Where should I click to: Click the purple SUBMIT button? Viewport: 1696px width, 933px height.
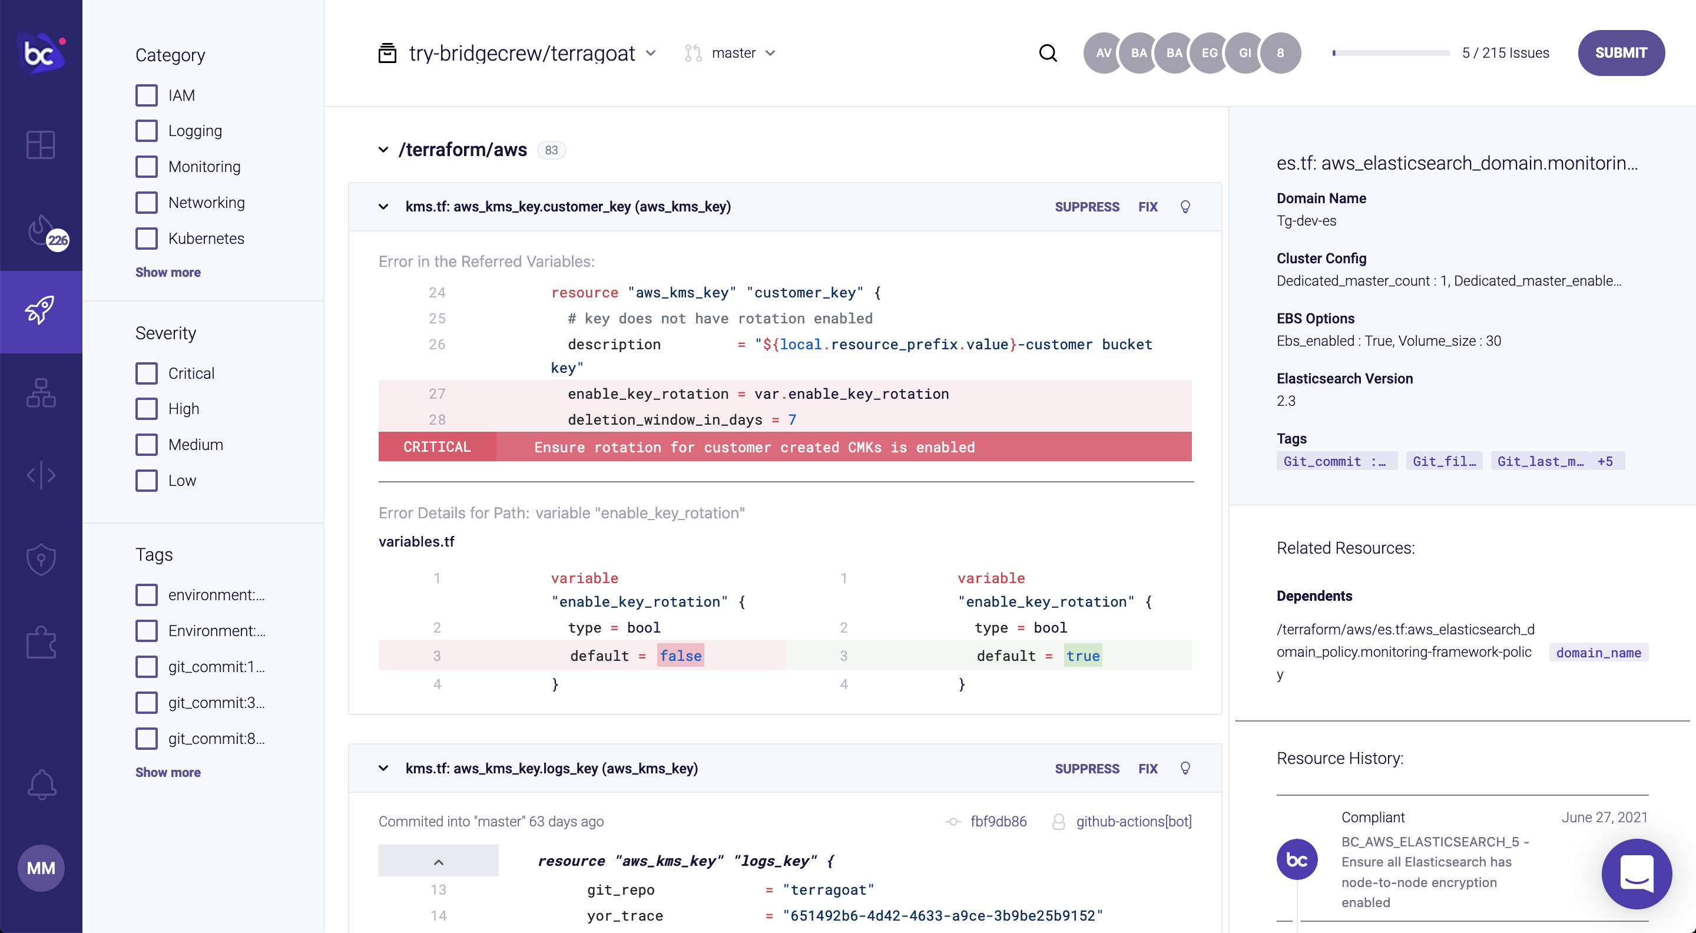click(1620, 52)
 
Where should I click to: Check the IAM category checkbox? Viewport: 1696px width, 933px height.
click(147, 95)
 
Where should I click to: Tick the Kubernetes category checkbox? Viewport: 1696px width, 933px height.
click(147, 239)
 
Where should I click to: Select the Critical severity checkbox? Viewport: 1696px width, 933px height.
click(147, 373)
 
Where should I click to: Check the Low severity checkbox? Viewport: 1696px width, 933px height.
click(147, 481)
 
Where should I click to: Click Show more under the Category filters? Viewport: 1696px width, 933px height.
click(168, 273)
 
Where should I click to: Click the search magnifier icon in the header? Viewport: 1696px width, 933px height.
click(1048, 52)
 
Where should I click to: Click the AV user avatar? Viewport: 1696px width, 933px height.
click(1104, 52)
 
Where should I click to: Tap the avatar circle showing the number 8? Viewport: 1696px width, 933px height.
click(1280, 52)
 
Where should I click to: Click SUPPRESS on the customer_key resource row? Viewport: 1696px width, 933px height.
click(1086, 207)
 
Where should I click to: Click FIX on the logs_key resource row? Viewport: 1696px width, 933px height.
click(1148, 769)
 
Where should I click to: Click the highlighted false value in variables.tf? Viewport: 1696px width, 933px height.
click(680, 656)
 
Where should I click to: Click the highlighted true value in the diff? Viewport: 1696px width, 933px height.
click(1082, 656)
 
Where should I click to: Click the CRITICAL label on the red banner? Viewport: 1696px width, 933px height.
click(437, 447)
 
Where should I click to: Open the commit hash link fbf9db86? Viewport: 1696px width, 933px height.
click(998, 821)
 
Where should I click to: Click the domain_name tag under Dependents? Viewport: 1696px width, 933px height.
click(1598, 653)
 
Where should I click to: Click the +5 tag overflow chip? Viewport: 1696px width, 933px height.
click(1605, 461)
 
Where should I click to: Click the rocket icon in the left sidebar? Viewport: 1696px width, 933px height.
click(41, 311)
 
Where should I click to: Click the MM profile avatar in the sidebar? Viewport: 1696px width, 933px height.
click(41, 868)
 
